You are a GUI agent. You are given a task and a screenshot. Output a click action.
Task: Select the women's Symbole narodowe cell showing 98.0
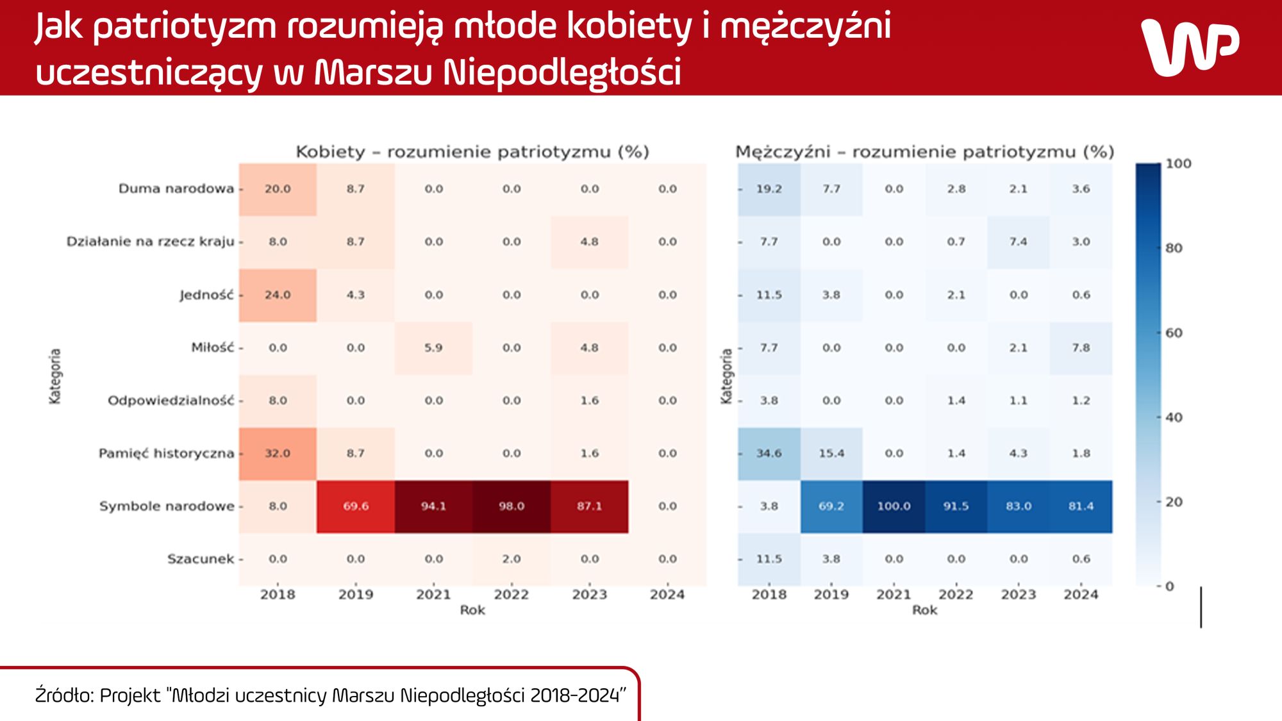(x=512, y=506)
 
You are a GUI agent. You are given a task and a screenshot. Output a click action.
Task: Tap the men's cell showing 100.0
(x=894, y=506)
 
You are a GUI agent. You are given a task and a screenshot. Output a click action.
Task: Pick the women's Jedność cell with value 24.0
(x=278, y=295)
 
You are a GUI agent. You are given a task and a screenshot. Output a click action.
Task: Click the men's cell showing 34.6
(x=769, y=453)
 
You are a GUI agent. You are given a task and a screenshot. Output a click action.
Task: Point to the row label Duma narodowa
(x=176, y=189)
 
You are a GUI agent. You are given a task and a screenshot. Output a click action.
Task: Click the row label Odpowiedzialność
(x=171, y=401)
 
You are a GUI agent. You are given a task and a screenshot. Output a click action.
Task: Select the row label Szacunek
(x=201, y=559)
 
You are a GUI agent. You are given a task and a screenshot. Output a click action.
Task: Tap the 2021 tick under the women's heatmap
(x=433, y=594)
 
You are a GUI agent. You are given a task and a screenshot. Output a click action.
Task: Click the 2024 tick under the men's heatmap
(x=1081, y=594)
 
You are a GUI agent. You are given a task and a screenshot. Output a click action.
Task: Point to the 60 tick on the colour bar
(x=1174, y=333)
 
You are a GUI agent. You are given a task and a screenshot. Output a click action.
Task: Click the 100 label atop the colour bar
(x=1178, y=164)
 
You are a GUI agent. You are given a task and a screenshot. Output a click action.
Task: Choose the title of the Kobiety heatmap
(x=472, y=152)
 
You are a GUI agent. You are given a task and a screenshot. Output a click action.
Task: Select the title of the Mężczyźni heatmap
(x=924, y=152)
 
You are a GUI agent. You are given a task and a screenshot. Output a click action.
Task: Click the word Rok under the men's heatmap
(x=924, y=610)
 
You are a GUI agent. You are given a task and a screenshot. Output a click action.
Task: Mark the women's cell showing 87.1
(x=589, y=506)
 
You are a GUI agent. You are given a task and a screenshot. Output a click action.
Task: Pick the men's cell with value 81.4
(x=1081, y=506)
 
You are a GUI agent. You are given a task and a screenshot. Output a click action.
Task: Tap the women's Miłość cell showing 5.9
(x=433, y=347)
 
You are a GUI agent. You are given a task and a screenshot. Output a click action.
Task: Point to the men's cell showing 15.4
(x=831, y=453)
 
